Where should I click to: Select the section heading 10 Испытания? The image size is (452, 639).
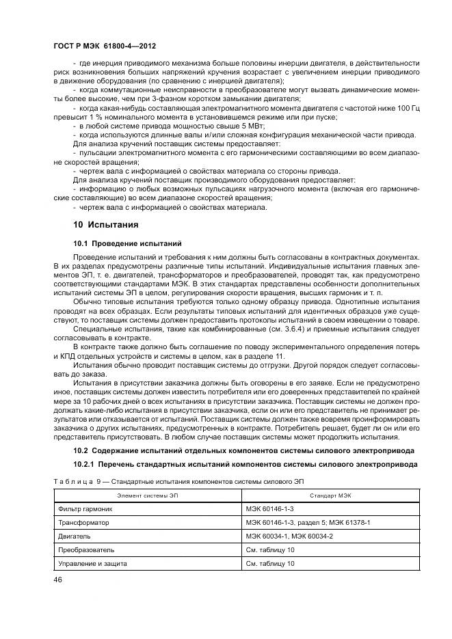(106, 224)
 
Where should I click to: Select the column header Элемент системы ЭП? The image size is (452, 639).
(146, 495)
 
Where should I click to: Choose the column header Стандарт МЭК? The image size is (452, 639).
(330, 495)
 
